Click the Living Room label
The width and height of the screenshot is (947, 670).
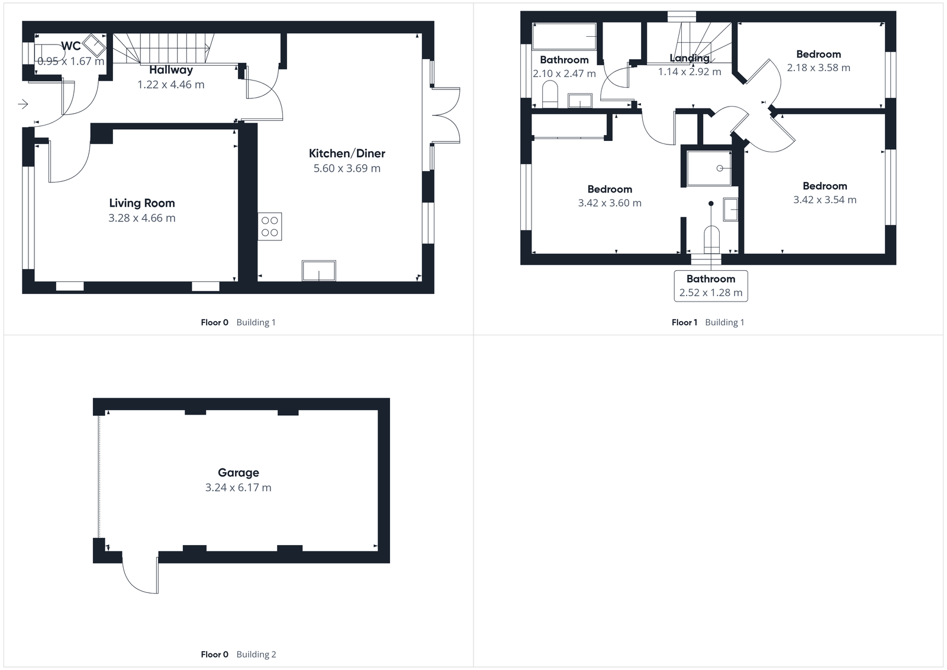coord(141,203)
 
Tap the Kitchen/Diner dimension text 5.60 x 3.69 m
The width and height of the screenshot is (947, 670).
coord(347,168)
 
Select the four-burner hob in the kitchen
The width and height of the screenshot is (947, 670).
coord(270,226)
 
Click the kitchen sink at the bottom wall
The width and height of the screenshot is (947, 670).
coord(318,270)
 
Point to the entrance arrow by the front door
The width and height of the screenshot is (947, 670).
coord(23,105)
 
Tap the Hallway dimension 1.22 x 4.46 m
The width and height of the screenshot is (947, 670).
coord(171,85)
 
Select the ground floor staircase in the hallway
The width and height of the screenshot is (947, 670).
coord(163,49)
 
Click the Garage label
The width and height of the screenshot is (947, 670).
coord(239,473)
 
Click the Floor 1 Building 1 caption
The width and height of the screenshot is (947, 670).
coord(708,322)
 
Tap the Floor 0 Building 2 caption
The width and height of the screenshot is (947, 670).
coord(239,655)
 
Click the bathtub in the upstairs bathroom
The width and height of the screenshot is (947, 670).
coord(564,37)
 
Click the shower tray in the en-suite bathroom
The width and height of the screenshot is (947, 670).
coord(708,168)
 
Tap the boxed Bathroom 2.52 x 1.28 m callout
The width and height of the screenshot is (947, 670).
coord(711,286)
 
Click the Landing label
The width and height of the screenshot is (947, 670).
coord(690,58)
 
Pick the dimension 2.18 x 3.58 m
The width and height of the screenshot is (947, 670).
coord(819,68)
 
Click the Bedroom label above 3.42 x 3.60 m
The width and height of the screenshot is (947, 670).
coord(610,190)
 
